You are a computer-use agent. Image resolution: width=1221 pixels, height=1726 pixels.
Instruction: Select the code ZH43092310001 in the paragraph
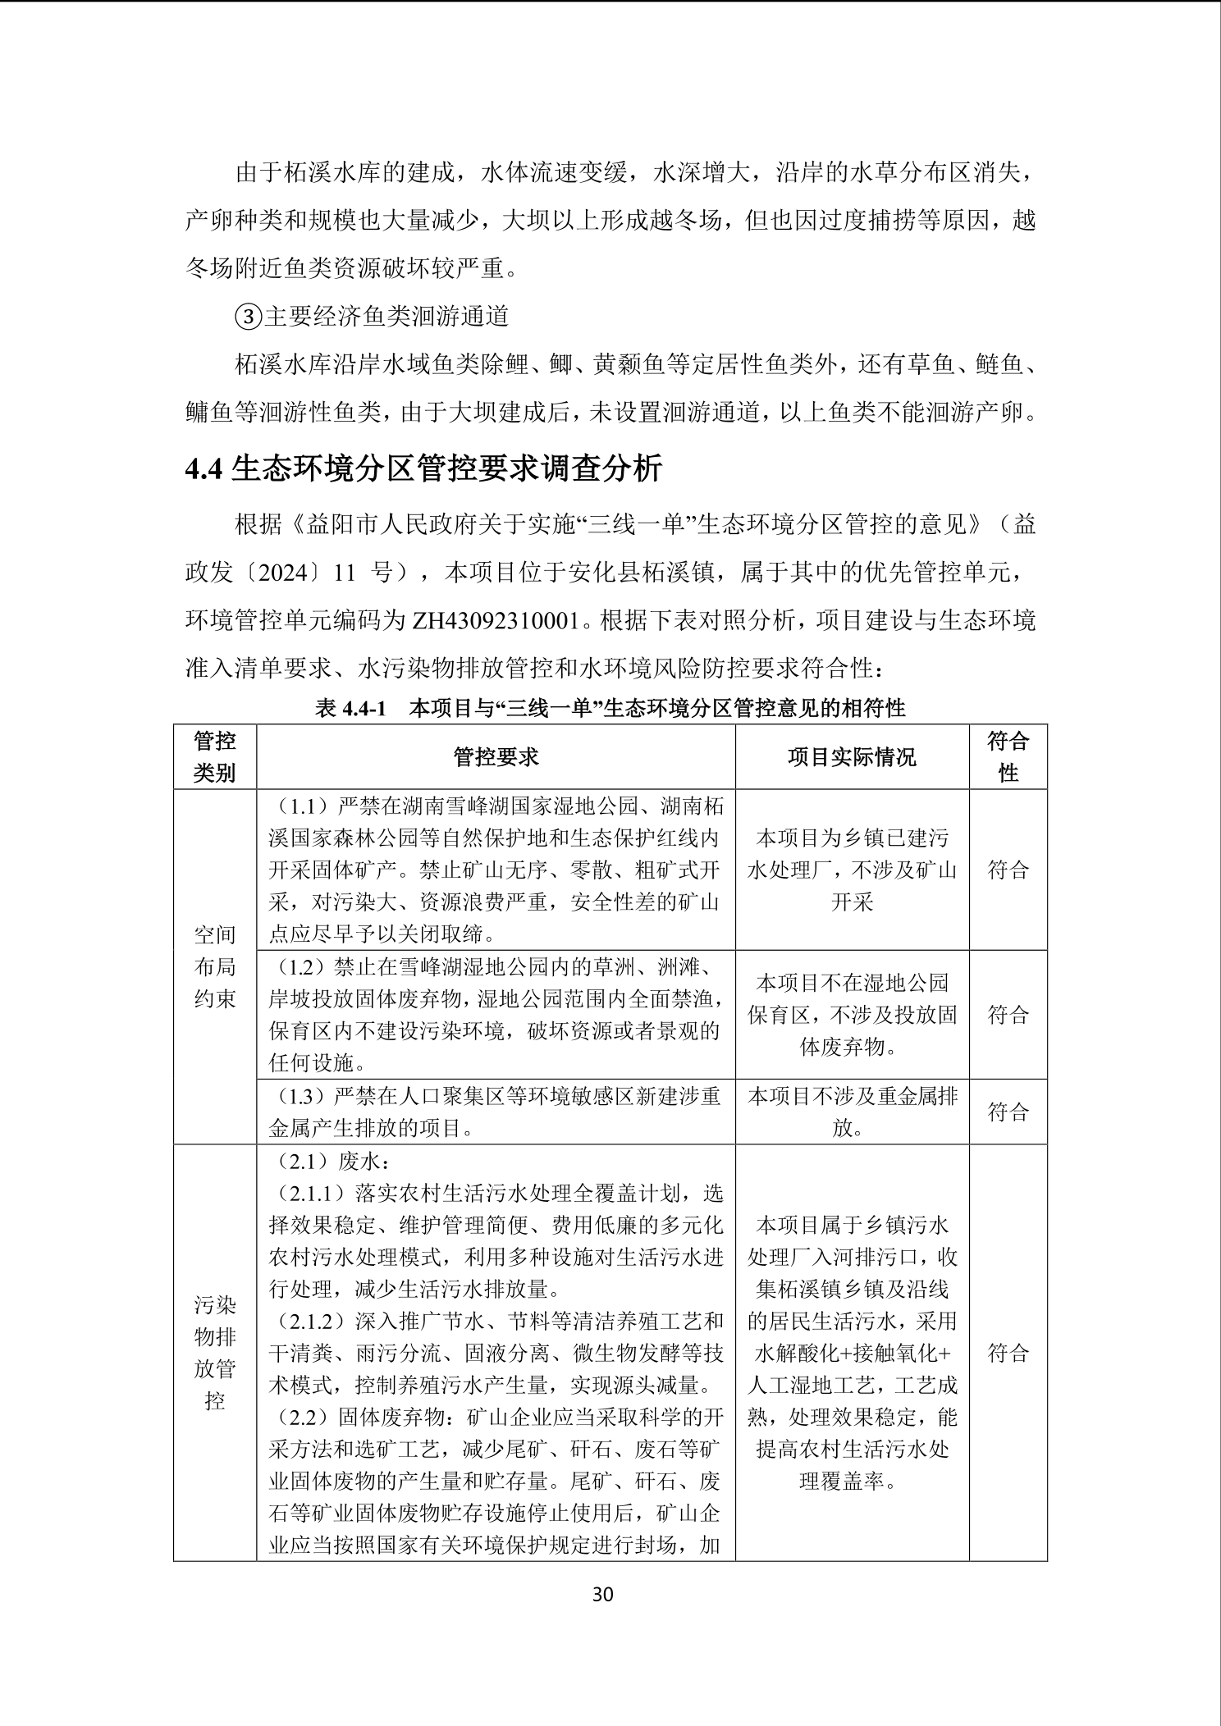coord(496,620)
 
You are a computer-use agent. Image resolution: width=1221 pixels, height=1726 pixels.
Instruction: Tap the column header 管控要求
coord(496,756)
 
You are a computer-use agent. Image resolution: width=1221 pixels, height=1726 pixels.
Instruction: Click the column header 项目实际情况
coord(852,756)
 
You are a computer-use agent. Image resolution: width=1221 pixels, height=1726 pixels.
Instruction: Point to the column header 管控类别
coord(214,756)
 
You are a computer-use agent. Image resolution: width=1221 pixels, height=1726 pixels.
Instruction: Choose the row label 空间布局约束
coord(214,966)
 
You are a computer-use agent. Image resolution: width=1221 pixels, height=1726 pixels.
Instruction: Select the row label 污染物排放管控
coord(214,1352)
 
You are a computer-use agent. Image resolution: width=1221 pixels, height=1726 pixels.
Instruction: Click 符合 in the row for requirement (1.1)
coord(1008,870)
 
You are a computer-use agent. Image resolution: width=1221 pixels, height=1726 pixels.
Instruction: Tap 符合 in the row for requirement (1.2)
coord(1008,1015)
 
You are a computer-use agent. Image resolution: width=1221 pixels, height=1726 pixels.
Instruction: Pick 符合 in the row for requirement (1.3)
coord(1008,1112)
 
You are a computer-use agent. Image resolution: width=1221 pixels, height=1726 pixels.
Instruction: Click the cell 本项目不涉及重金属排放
coord(852,1112)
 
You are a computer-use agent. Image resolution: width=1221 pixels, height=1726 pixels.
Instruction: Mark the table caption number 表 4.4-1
coord(350,708)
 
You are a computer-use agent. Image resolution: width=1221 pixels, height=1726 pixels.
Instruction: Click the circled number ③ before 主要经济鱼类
coord(249,317)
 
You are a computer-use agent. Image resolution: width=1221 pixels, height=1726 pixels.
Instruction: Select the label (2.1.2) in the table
coord(310,1321)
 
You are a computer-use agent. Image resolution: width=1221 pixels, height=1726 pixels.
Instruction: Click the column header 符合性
coord(1008,756)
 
